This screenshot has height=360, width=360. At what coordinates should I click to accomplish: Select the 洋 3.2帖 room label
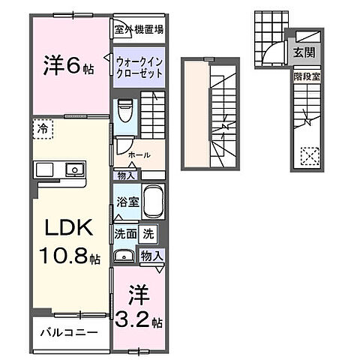click(x=139, y=307)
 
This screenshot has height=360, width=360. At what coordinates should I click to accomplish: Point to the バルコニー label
click(x=68, y=331)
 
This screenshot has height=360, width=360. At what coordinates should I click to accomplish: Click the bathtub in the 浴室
click(x=152, y=202)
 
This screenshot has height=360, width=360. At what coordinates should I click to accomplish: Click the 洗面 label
click(x=125, y=234)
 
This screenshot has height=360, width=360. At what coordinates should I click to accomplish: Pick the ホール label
click(x=139, y=155)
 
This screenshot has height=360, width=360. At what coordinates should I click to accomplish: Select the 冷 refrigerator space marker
click(x=43, y=129)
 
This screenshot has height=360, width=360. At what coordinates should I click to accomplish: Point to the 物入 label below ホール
click(x=125, y=175)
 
